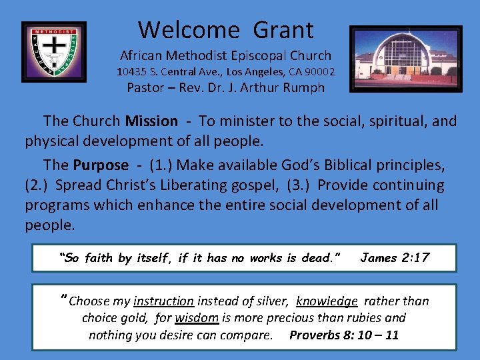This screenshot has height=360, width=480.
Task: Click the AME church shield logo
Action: tap(54, 52)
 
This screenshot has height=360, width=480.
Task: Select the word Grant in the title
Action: tap(284, 30)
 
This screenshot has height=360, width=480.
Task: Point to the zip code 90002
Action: tap(318, 71)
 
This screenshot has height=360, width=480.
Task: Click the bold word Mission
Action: tap(151, 121)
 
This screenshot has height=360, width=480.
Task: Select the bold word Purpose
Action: tap(100, 165)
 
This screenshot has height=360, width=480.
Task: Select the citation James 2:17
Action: tap(395, 258)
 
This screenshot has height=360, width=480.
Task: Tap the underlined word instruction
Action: tap(163, 301)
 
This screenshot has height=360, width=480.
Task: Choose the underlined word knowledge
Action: tap(327, 301)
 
